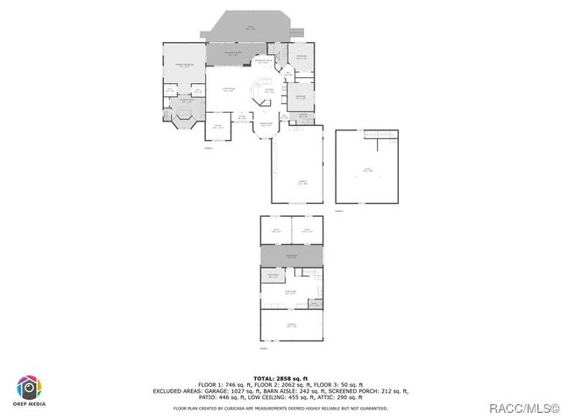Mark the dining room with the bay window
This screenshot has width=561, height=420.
pyautogui.click(x=266, y=127)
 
